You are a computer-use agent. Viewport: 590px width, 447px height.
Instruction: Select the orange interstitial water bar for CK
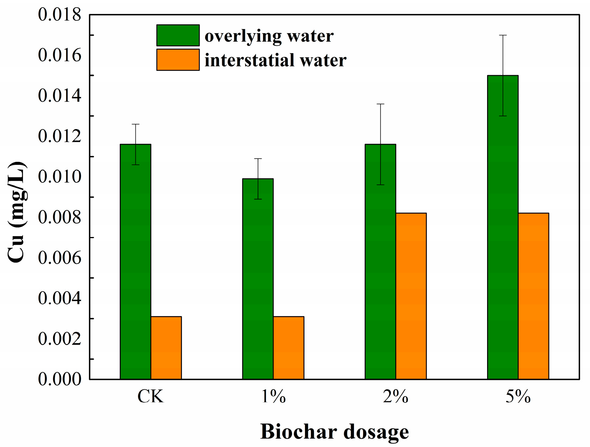point(166,348)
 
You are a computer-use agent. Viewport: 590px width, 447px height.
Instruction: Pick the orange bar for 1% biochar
point(289,348)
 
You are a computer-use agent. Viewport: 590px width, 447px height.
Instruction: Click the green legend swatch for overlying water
point(178,35)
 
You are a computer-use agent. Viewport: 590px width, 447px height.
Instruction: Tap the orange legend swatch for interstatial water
point(178,60)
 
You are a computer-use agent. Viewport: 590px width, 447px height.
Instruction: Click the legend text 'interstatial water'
point(275,60)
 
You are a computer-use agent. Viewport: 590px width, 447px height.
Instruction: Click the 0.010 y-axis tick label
point(59,177)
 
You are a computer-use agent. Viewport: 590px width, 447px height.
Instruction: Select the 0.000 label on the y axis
point(59,379)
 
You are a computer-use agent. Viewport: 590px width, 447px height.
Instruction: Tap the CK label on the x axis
point(151,397)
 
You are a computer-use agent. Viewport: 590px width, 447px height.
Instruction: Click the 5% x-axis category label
point(518,397)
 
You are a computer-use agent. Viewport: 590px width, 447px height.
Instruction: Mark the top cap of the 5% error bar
point(503,35)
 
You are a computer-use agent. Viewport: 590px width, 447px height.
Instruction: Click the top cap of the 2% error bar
point(380,104)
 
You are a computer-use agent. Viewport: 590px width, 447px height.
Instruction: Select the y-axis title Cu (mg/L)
point(17,211)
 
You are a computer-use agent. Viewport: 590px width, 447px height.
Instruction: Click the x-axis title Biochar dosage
point(334,432)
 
